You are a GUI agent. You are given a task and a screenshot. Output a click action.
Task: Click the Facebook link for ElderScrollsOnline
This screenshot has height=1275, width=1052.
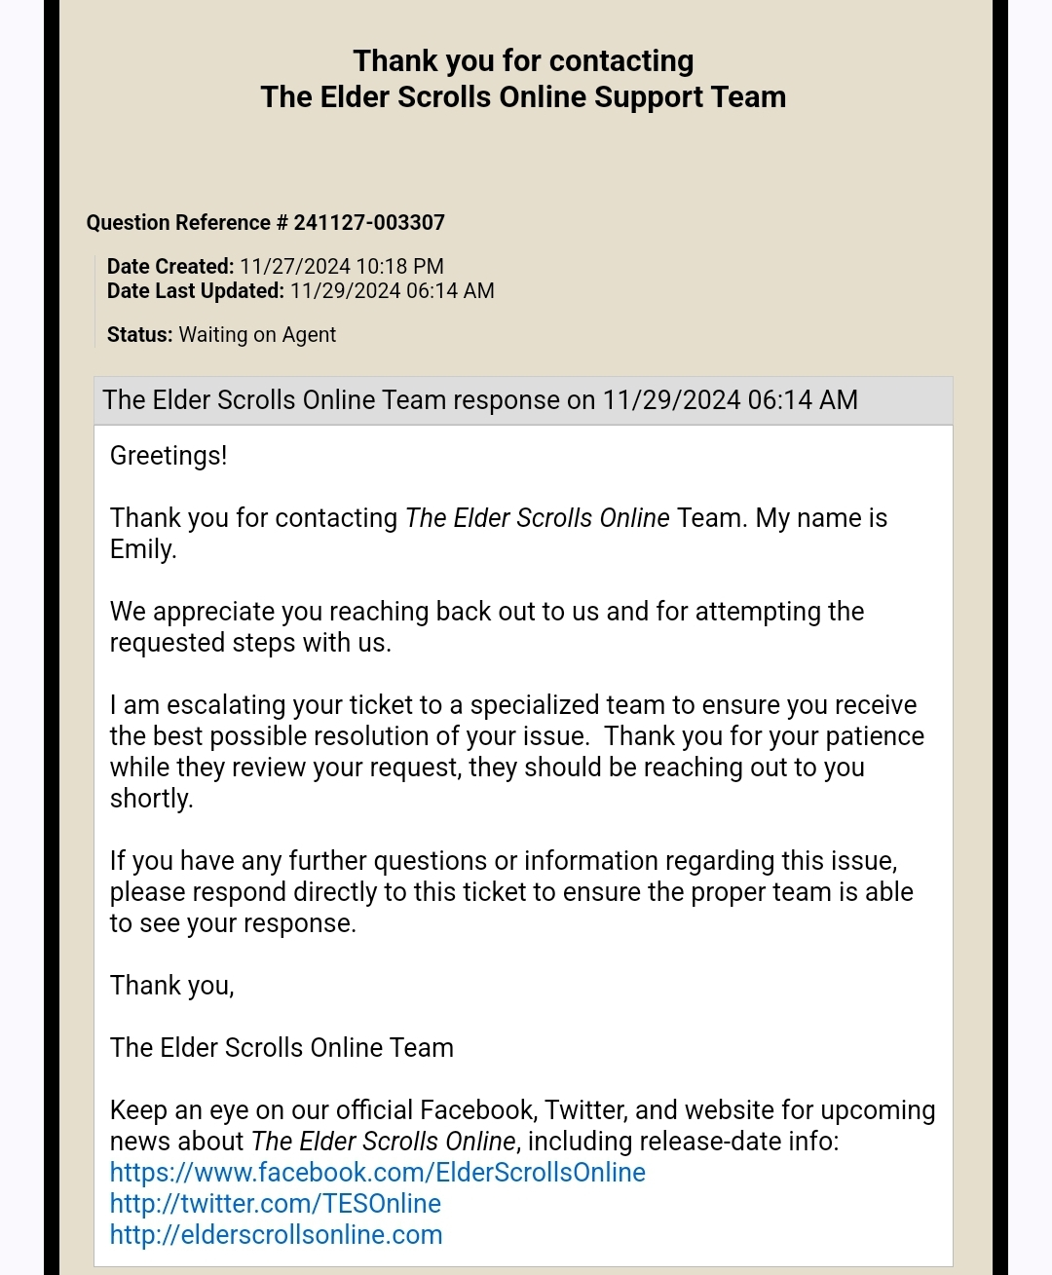(377, 1173)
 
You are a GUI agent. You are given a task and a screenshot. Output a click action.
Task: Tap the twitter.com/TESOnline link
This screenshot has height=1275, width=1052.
(275, 1204)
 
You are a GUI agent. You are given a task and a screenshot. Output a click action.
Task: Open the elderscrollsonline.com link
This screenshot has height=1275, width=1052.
(276, 1235)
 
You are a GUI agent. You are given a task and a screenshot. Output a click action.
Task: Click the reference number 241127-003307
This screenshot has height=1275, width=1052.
(369, 223)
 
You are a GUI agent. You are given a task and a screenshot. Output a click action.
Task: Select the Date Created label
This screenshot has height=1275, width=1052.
(170, 267)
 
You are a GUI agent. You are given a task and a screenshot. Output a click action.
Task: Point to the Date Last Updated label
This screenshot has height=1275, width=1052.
(195, 291)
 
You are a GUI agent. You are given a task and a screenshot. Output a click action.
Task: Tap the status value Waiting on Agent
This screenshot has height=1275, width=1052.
(257, 335)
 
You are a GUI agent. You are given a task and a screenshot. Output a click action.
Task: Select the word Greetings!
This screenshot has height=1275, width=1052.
(169, 456)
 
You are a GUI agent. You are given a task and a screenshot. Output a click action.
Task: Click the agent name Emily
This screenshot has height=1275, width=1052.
(142, 549)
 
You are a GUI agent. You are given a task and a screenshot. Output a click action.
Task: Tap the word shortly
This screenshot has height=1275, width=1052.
(151, 799)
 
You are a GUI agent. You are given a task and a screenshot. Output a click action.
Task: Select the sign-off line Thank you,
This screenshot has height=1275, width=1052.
(171, 986)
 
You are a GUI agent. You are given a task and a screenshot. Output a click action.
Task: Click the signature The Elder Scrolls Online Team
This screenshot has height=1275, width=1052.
(282, 1048)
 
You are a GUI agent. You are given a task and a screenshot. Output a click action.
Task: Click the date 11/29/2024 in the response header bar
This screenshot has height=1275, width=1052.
(671, 400)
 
